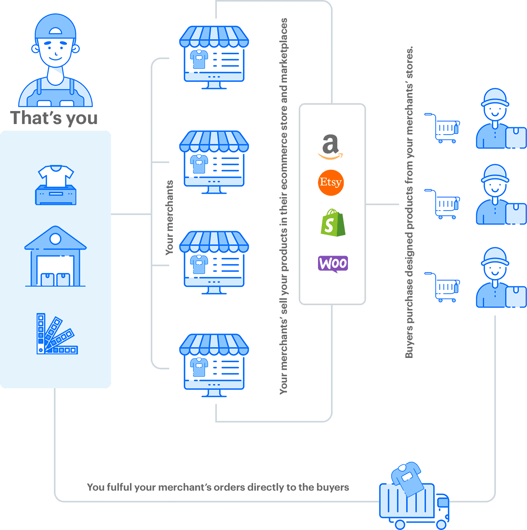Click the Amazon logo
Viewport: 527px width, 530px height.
(331, 147)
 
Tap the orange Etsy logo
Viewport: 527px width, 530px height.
(331, 182)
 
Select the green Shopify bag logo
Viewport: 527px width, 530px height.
(333, 223)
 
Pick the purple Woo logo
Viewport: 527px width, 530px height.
(333, 264)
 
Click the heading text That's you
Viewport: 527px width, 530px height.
(54, 118)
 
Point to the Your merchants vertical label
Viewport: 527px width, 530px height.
(170, 217)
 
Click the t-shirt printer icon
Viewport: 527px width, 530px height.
(56, 185)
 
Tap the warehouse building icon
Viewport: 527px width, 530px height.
(55, 256)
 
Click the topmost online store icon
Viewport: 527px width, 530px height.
(214, 57)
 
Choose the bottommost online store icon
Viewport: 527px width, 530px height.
(214, 365)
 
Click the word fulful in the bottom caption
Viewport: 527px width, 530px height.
(119, 487)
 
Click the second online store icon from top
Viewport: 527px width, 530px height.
(214, 162)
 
